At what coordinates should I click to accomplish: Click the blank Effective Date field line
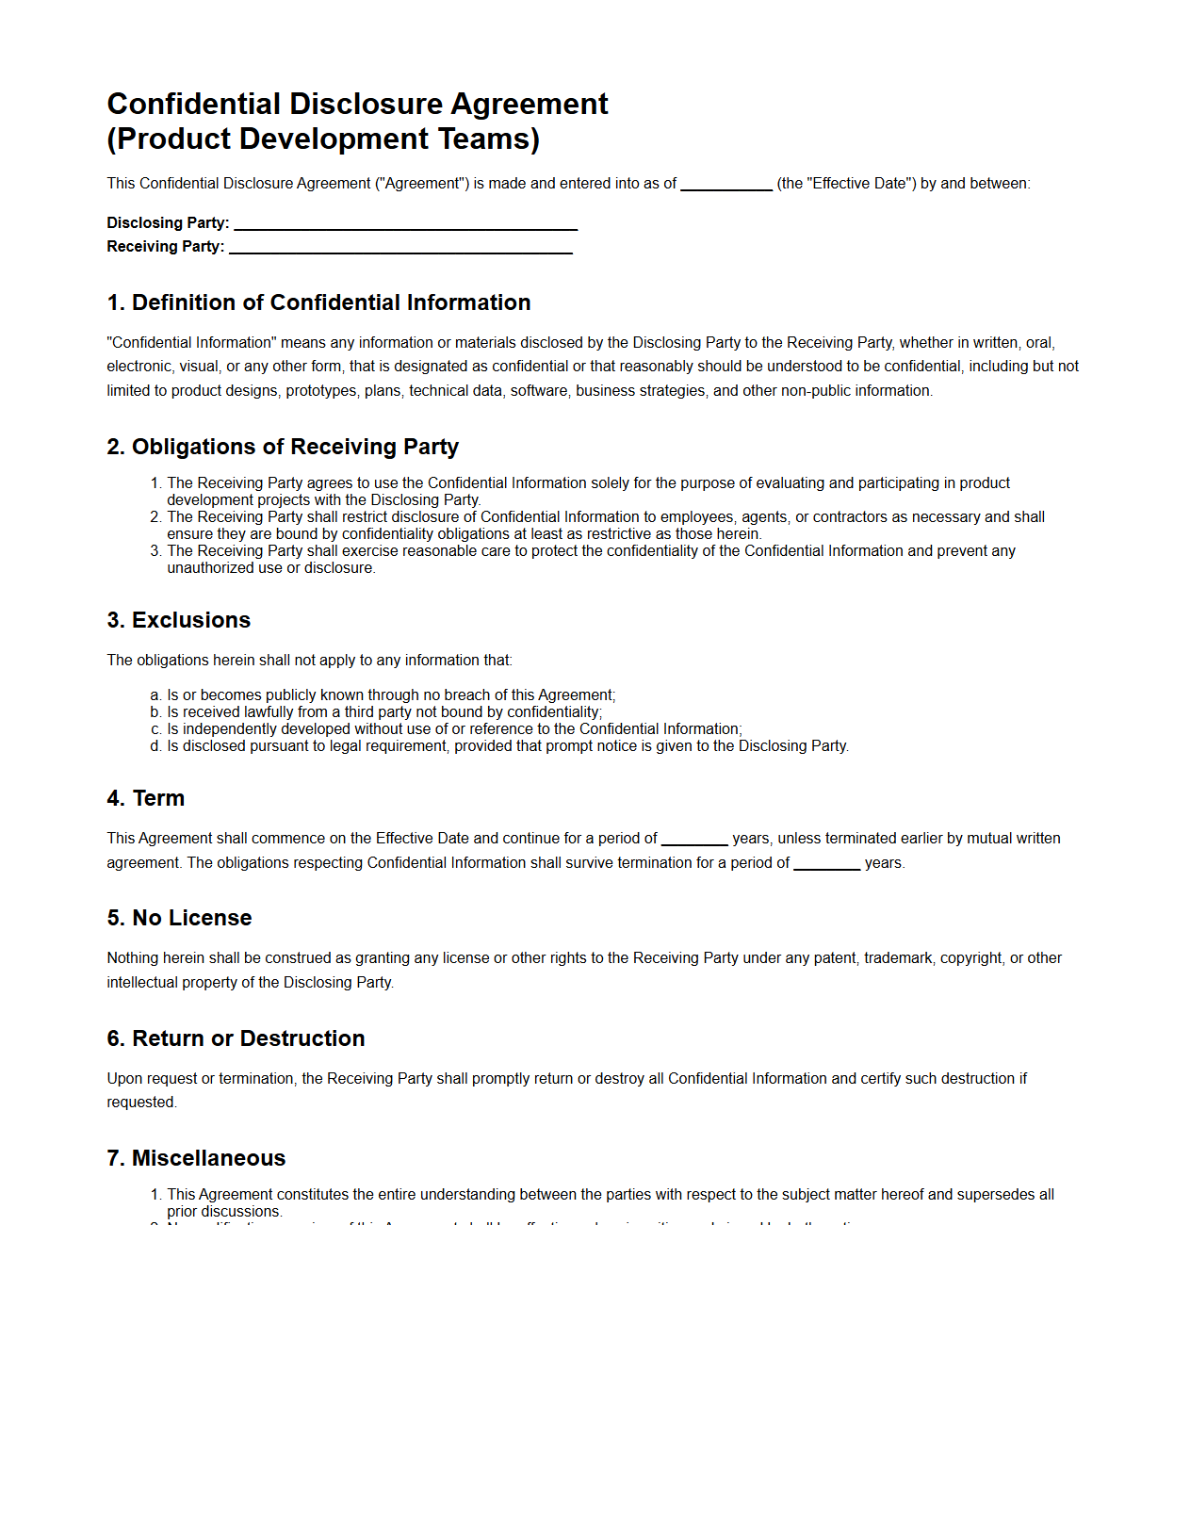click(725, 186)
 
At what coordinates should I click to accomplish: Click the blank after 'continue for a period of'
click(694, 841)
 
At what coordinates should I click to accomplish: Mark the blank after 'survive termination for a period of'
click(826, 865)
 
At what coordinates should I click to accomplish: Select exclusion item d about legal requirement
click(507, 746)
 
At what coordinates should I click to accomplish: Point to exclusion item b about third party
click(383, 712)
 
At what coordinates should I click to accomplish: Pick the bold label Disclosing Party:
click(168, 223)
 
